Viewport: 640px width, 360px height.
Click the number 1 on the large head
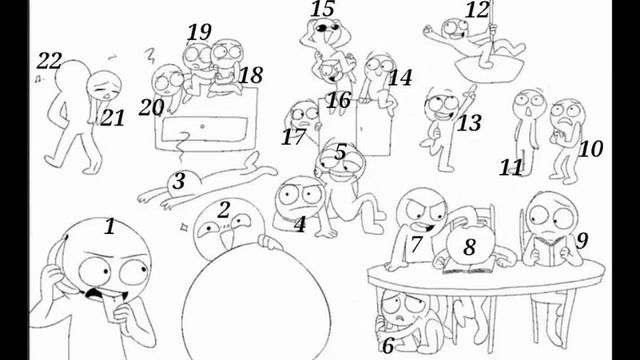tap(109, 227)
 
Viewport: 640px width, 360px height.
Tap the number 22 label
tap(49, 61)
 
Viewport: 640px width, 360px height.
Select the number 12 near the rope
tap(477, 10)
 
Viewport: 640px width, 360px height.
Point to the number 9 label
tap(582, 240)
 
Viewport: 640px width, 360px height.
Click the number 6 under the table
tap(388, 346)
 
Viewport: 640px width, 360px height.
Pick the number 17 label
tap(293, 137)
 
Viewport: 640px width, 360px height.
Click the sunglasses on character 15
tap(328, 28)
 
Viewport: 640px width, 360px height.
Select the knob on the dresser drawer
tap(202, 127)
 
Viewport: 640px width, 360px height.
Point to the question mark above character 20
tap(150, 56)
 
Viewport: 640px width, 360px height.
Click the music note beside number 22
tap(38, 78)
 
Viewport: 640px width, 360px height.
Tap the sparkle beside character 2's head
tap(184, 226)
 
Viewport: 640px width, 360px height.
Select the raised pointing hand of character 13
tap(471, 90)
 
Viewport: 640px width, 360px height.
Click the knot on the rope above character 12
tap(493, 28)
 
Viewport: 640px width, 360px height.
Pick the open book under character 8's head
tap(469, 268)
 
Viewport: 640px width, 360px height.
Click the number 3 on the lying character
tap(179, 181)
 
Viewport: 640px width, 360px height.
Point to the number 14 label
tap(400, 78)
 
